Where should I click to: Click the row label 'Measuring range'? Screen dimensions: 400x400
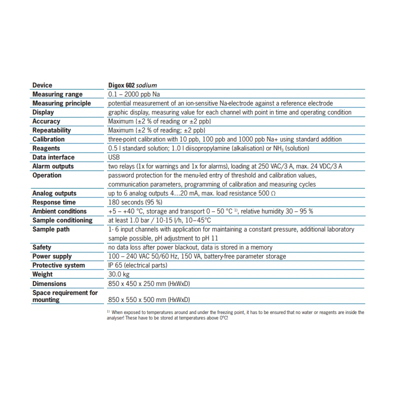click(57, 94)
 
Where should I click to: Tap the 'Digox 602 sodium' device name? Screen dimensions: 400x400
click(132, 85)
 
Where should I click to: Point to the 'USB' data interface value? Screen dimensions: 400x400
click(114, 157)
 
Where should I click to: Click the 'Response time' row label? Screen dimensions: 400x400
click(54, 202)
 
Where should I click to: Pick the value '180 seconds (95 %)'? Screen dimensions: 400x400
click(135, 202)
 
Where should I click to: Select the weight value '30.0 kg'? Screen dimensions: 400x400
click(119, 274)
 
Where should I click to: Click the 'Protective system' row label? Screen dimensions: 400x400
click(58, 265)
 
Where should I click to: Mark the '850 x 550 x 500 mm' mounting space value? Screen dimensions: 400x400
click(148, 300)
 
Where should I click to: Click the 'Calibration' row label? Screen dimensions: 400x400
click(48, 139)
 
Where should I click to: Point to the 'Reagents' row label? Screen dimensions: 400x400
click(46, 148)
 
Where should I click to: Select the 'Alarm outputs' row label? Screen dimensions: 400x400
click(53, 166)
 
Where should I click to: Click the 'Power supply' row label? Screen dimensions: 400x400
click(52, 256)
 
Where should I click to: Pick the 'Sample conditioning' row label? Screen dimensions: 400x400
click(62, 220)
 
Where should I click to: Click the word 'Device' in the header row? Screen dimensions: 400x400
click(42, 85)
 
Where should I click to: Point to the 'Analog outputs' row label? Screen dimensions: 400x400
click(54, 193)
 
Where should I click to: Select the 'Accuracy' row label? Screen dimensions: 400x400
click(46, 121)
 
